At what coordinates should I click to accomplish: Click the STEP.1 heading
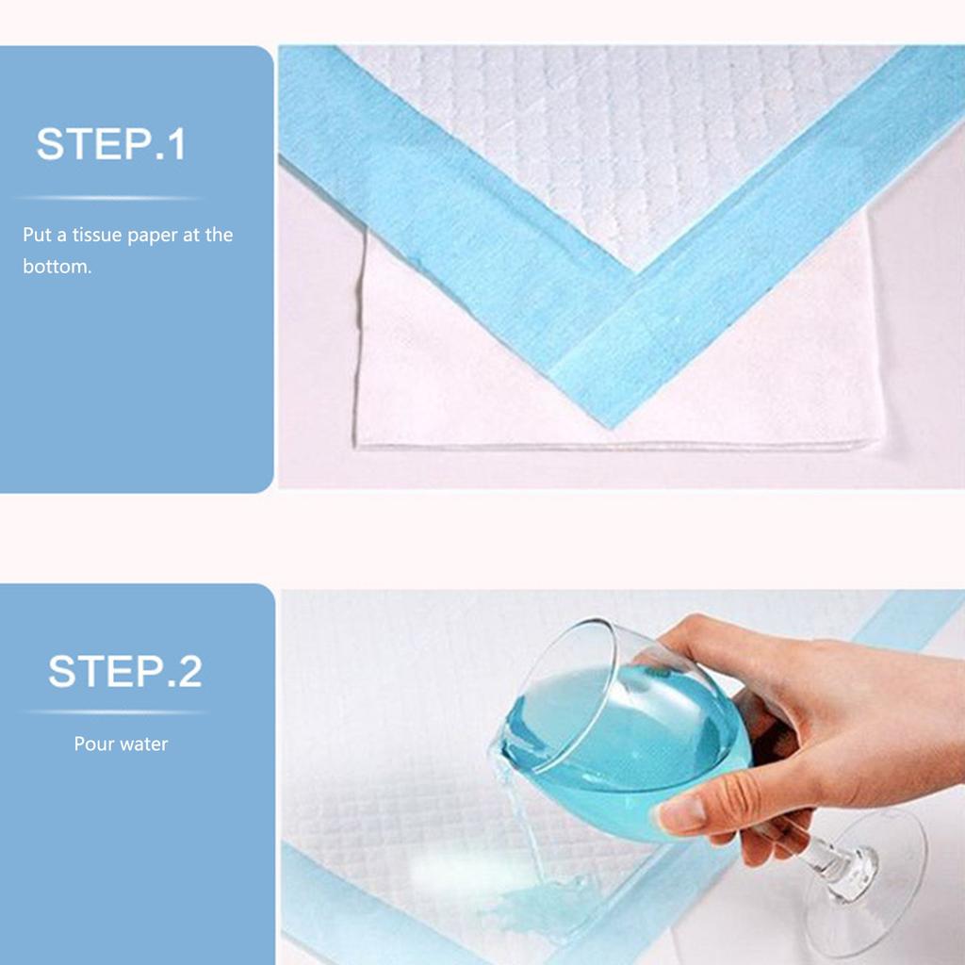[111, 144]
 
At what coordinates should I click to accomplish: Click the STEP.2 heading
[125, 671]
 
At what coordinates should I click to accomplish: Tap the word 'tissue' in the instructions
[97, 235]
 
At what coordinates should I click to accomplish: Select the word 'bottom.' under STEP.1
[57, 267]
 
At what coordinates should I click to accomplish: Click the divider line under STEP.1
[109, 198]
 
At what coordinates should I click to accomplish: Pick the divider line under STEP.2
[117, 712]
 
